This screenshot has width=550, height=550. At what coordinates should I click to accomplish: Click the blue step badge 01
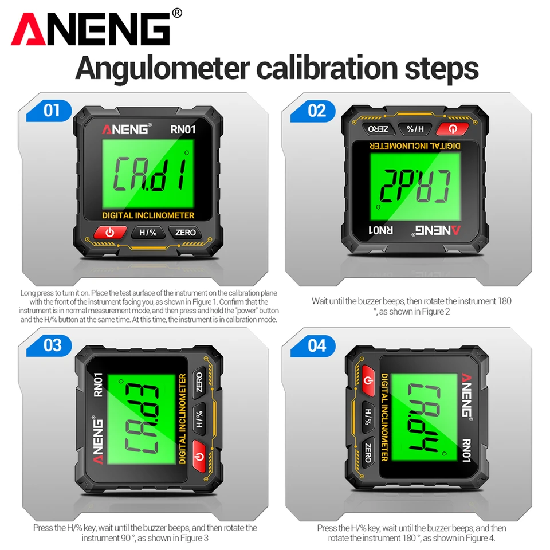pos(49,111)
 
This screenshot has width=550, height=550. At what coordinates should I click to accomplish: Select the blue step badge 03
pos(49,345)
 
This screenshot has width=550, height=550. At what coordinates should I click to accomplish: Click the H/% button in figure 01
pos(148,233)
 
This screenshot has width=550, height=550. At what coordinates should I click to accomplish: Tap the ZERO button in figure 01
pos(185,233)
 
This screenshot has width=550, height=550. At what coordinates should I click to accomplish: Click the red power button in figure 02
pos(453,129)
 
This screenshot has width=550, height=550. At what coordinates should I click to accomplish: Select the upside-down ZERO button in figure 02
pos(378,129)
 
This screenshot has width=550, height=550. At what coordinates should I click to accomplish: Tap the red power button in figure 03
pos(199,456)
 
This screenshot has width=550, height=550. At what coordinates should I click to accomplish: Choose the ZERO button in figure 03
pos(199,383)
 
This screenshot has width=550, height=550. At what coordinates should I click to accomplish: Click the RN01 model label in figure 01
pos(183,130)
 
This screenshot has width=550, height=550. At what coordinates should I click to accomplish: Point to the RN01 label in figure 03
pos(98,385)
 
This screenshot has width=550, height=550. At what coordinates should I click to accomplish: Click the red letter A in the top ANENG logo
pos(29,29)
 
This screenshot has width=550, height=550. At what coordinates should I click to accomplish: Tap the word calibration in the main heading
pos(327,68)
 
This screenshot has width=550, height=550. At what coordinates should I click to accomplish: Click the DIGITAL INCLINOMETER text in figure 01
pos(148,215)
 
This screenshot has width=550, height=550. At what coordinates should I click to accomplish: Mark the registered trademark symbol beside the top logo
pos(177,13)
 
